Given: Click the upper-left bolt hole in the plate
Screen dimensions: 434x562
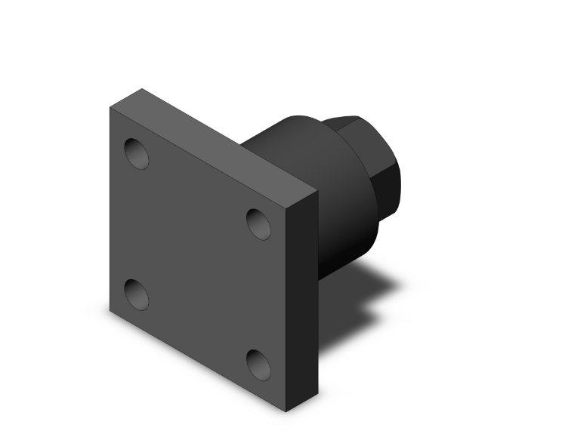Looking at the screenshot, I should (x=137, y=154).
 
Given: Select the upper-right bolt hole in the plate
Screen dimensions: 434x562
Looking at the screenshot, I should (x=259, y=223).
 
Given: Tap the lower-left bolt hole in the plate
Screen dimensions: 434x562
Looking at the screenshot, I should (x=137, y=294).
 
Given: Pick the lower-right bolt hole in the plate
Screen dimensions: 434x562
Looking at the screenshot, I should (x=259, y=365).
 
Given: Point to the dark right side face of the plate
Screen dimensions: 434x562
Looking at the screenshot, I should (x=303, y=302).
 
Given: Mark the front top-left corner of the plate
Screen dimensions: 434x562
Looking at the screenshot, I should (x=110, y=107).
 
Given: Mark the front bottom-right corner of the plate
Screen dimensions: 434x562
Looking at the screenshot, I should (x=286, y=411).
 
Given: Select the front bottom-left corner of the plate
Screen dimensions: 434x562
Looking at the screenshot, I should (x=110, y=311).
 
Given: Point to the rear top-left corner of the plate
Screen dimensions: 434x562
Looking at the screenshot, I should (x=141, y=90).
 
